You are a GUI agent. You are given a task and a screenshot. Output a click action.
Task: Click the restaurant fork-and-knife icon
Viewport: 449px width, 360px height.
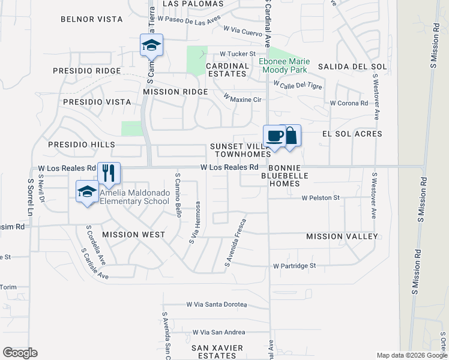[x=109, y=173]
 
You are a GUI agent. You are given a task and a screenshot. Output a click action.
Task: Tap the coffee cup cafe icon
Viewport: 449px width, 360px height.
[x=274, y=136]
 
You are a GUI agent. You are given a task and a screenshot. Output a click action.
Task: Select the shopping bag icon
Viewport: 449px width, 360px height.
[x=291, y=136]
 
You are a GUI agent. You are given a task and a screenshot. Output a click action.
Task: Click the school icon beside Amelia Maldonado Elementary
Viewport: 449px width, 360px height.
[x=87, y=191]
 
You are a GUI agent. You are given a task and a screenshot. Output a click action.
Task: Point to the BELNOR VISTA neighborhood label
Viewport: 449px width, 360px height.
[x=92, y=19]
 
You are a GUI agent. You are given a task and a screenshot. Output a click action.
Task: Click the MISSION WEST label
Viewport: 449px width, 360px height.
[x=133, y=235]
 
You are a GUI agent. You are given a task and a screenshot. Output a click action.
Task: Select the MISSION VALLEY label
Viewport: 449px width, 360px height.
[x=342, y=236]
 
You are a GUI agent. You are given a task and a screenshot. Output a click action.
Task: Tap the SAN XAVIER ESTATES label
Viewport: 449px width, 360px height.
[x=217, y=352]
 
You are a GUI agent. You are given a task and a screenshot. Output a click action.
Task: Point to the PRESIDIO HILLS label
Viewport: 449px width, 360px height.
[x=82, y=145]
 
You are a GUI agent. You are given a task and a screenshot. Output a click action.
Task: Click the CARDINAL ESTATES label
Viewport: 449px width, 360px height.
[x=227, y=70]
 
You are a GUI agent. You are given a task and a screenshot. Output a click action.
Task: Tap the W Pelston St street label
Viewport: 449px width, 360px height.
[x=321, y=197]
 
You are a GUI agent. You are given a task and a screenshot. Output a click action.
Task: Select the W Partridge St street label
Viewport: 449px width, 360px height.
[x=303, y=265]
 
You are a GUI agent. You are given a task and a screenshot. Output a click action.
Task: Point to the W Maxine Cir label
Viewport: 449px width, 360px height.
[x=243, y=98]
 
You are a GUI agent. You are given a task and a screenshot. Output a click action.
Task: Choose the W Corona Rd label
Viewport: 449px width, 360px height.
[x=349, y=103]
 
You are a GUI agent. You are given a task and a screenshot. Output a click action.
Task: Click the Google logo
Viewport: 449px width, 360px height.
[x=20, y=353]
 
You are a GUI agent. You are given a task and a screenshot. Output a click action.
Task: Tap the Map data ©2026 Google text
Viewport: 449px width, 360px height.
[x=412, y=355]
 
